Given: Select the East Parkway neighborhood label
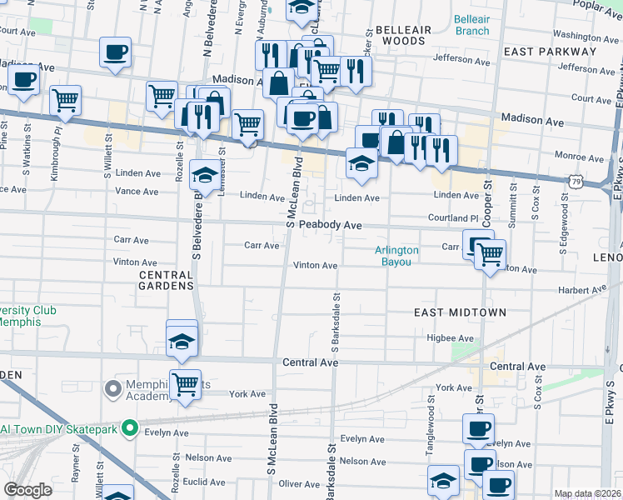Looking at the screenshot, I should (551, 51).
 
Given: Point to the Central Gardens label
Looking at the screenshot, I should (167, 280).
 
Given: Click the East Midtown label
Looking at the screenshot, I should (461, 312).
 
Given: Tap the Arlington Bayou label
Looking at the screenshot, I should (396, 256).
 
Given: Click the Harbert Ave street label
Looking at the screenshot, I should (583, 290).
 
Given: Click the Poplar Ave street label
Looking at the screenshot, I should (599, 6).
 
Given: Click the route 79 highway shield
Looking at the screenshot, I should (576, 179).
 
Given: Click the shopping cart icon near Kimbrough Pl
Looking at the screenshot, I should (65, 100).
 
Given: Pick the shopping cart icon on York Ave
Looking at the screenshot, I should (185, 384).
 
